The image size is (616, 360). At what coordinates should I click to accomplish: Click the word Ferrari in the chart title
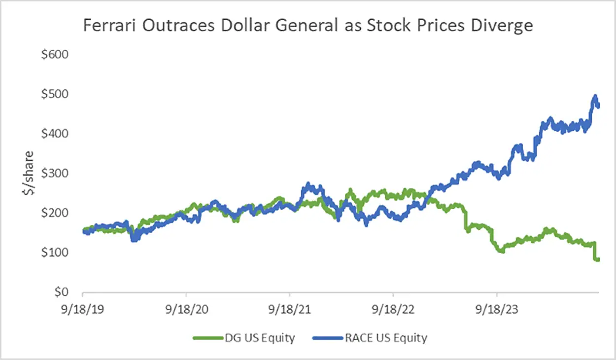(107, 25)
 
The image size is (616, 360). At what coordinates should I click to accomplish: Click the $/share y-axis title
(28, 173)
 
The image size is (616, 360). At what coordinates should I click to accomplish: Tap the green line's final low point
(597, 259)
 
